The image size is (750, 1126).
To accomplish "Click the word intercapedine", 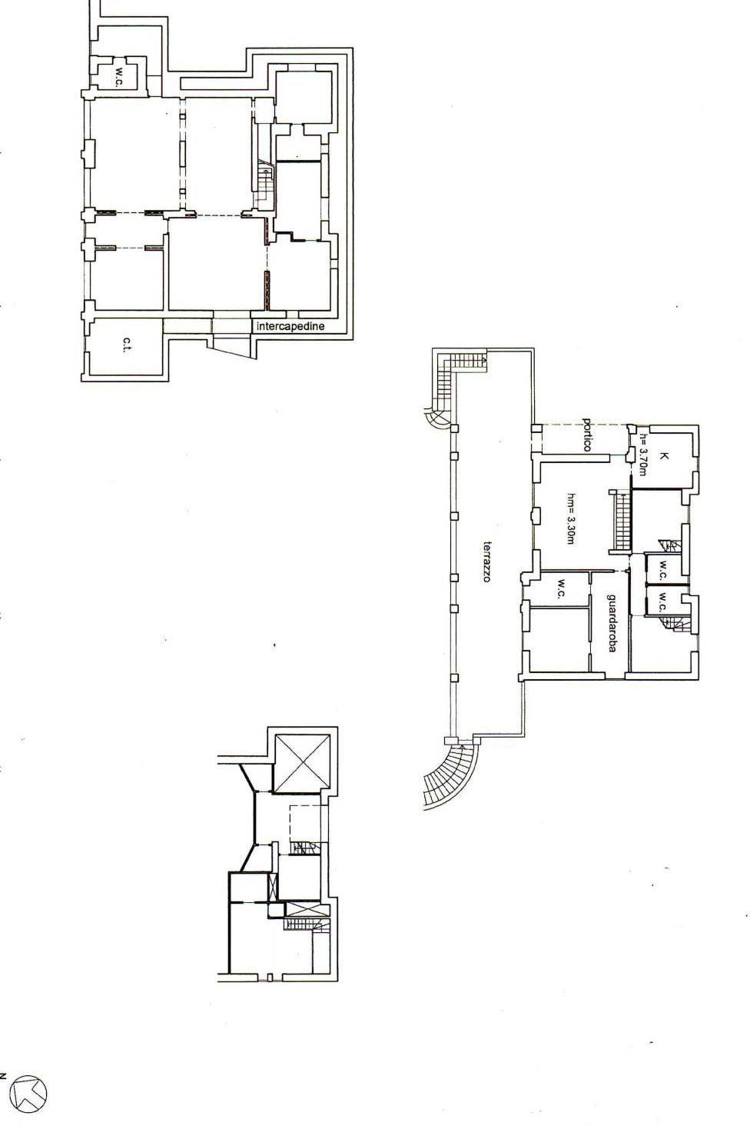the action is [290, 326].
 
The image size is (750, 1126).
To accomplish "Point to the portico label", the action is [587, 435].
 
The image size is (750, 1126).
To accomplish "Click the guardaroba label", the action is [612, 623].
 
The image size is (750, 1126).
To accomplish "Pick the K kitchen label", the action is [665, 456].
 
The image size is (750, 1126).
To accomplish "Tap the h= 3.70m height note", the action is [643, 455].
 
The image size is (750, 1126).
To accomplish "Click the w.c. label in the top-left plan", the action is [121, 76].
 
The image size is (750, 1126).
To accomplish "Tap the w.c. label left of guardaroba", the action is [561, 588].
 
